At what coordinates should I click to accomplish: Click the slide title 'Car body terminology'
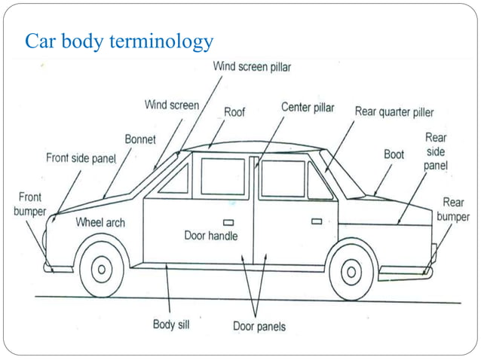[x=119, y=41]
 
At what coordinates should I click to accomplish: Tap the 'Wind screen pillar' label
[x=252, y=66]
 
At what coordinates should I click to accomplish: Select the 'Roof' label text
[x=234, y=112]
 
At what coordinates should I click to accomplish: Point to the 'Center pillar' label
[x=308, y=108]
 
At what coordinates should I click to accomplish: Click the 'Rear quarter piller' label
[x=394, y=112]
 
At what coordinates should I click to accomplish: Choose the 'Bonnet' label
[x=140, y=139]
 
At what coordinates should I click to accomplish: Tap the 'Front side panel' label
[x=81, y=158]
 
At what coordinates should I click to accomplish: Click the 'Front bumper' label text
[x=30, y=204]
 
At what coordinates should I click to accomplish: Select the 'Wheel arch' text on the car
[x=100, y=223]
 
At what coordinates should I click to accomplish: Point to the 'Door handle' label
[x=211, y=236]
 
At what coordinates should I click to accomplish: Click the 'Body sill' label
[x=171, y=325]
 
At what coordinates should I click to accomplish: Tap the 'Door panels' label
[x=259, y=326]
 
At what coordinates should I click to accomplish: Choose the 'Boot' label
[x=394, y=154]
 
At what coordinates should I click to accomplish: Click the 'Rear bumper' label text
[x=453, y=209]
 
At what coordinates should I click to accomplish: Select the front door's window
[x=222, y=177]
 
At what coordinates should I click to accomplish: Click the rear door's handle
[x=317, y=221]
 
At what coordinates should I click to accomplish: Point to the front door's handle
[x=228, y=221]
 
